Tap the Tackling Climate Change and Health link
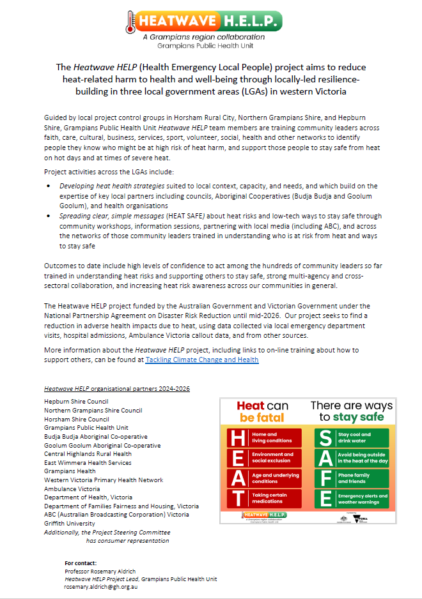click(202, 360)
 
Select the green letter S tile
click(325, 437)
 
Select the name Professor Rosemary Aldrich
click(100, 571)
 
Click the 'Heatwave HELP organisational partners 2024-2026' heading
click(116, 388)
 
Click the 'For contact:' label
click(80, 563)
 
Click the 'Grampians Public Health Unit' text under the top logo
click(210, 47)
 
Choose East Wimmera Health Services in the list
click(88, 462)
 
